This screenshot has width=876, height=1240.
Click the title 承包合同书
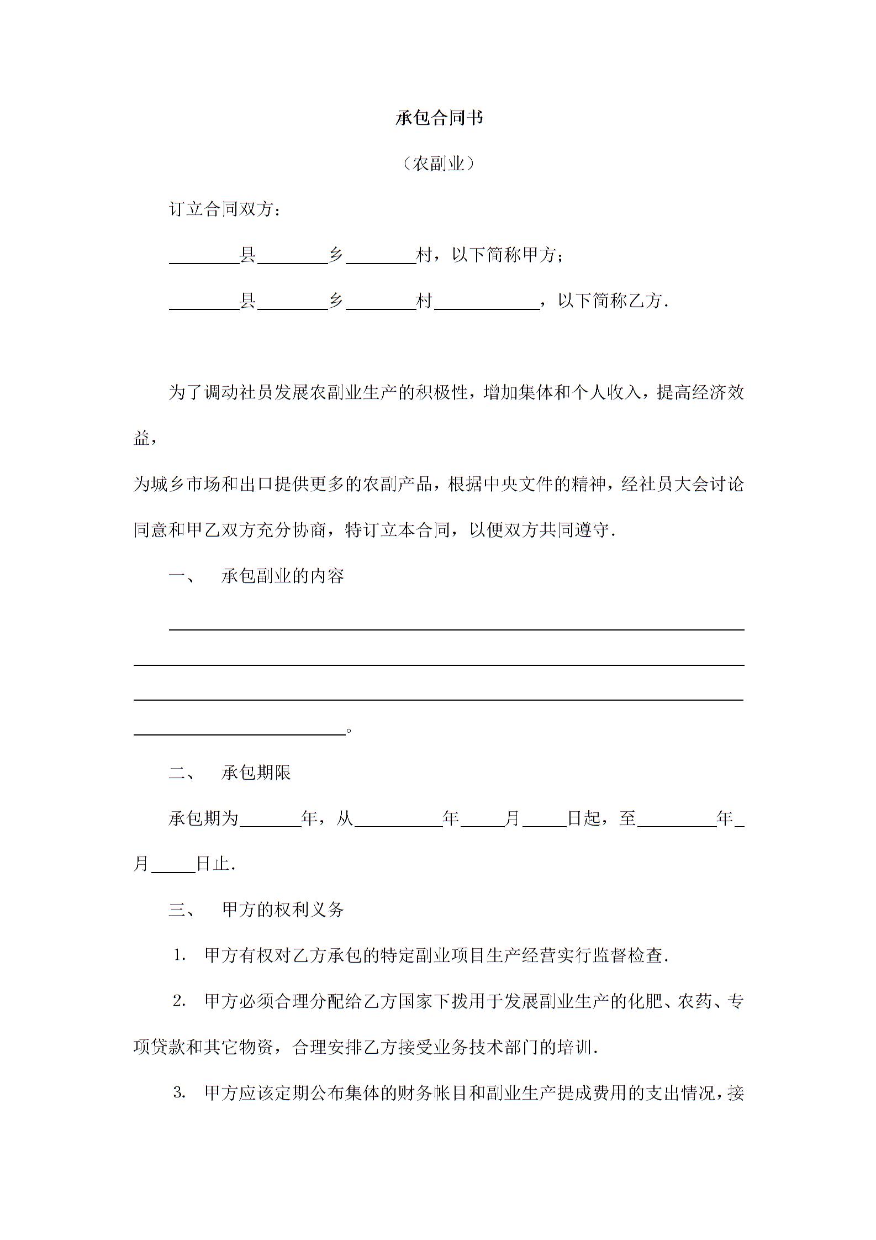(x=439, y=118)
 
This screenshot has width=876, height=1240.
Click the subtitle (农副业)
(x=439, y=164)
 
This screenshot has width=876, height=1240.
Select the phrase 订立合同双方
(x=221, y=209)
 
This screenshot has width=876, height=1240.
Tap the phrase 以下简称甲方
(x=504, y=255)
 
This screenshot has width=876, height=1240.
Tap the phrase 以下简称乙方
(x=610, y=301)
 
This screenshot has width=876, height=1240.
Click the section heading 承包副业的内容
(x=283, y=576)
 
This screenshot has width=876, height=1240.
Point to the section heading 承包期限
(x=256, y=773)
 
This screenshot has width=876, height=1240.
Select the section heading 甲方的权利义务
(x=283, y=910)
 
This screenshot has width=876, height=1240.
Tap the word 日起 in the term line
(x=584, y=818)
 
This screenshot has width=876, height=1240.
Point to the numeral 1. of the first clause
(x=179, y=955)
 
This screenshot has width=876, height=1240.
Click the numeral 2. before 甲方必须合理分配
(x=179, y=1001)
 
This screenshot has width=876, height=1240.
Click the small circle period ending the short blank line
(x=349, y=731)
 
